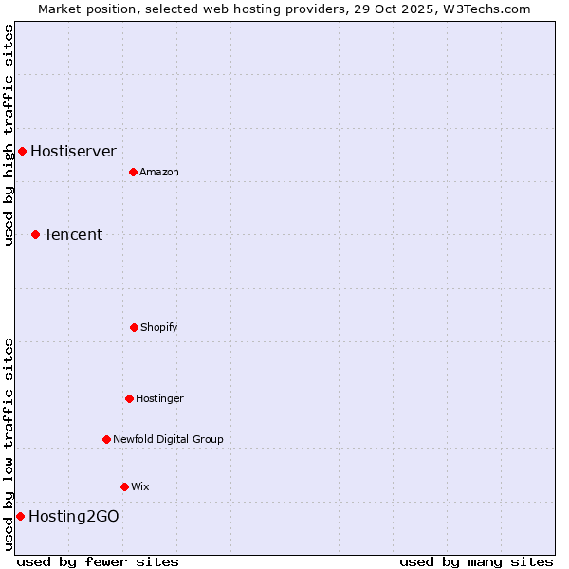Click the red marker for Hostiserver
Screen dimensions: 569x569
[22, 151]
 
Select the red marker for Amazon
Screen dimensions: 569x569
[133, 172]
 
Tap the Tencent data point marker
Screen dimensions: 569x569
[35, 234]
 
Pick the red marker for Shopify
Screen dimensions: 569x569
[134, 327]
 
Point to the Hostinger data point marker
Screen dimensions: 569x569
[129, 398]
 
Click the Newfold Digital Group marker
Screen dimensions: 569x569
[106, 439]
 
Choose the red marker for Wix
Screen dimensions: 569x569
[124, 486]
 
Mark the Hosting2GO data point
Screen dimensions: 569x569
[20, 516]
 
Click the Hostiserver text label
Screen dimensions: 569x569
[73, 151]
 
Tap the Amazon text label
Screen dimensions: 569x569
[159, 172]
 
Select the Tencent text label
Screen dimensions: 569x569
[73, 234]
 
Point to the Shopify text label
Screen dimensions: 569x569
[159, 327]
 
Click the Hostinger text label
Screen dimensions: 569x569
[159, 398]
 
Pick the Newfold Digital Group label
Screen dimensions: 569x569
[168, 439]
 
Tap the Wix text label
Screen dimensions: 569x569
[140, 486]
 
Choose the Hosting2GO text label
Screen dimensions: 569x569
[74, 516]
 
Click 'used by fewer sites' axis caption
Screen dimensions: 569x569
[98, 561]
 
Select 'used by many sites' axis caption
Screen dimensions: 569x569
[476, 561]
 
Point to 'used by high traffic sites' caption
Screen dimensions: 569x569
[9, 135]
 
